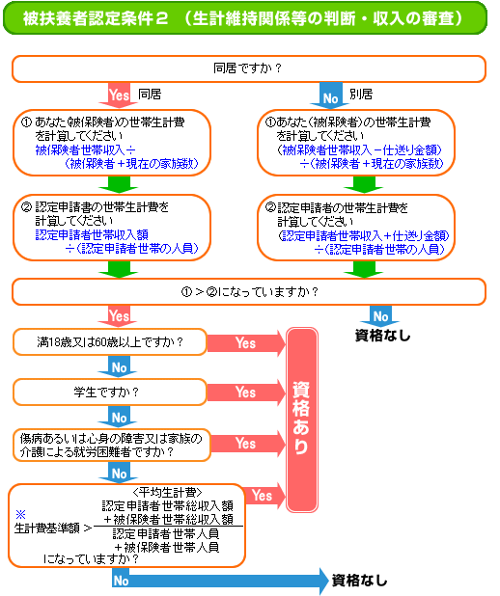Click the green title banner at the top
(x=245, y=18)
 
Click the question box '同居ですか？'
(x=249, y=68)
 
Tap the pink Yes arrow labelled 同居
(x=119, y=95)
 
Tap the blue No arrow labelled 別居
(x=329, y=95)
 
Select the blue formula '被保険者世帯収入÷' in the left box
(x=86, y=150)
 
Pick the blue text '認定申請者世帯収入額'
(x=92, y=235)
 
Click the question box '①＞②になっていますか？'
(x=249, y=291)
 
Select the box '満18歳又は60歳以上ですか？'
(x=110, y=342)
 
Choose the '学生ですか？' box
(x=110, y=392)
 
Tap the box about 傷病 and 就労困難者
(x=112, y=446)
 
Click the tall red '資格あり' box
(x=302, y=420)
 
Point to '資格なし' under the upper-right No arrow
(x=383, y=336)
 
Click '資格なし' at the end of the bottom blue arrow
(x=360, y=581)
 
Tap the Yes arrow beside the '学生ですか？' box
(x=246, y=392)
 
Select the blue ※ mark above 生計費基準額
(x=20, y=515)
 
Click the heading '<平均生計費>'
(x=167, y=493)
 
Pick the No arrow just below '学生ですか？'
(x=118, y=417)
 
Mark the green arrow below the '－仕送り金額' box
(x=363, y=185)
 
